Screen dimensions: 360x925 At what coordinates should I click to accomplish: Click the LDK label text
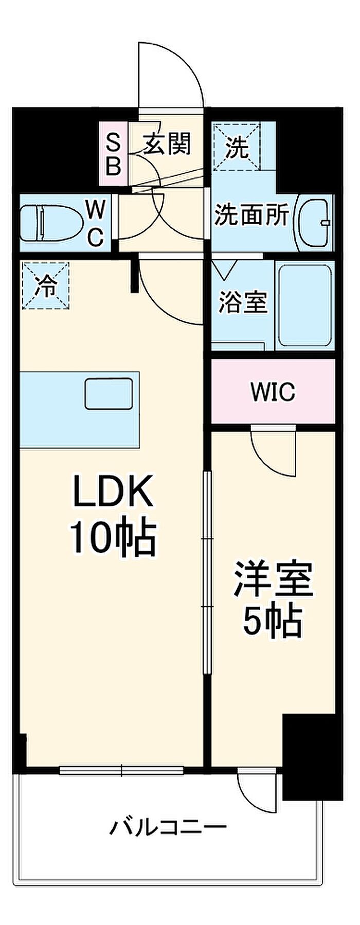[113, 492]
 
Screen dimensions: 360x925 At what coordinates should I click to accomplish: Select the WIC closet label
[273, 392]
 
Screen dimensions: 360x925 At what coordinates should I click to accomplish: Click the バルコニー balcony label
[169, 827]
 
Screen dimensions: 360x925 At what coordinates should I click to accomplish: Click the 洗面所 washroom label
[251, 215]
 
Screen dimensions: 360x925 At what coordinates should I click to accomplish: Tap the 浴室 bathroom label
[243, 302]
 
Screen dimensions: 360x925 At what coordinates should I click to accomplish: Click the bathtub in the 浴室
[304, 305]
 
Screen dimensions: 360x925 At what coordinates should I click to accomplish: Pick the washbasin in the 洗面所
[314, 223]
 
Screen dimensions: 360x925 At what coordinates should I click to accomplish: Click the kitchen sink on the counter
[109, 393]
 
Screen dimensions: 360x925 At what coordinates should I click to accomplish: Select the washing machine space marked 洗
[238, 146]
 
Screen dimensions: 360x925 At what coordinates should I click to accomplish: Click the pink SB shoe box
[113, 154]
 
